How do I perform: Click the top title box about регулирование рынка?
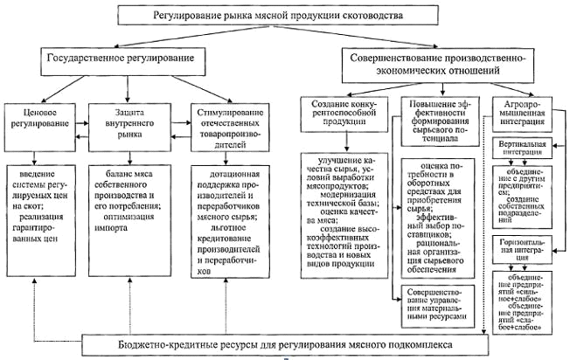coord(279,15)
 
